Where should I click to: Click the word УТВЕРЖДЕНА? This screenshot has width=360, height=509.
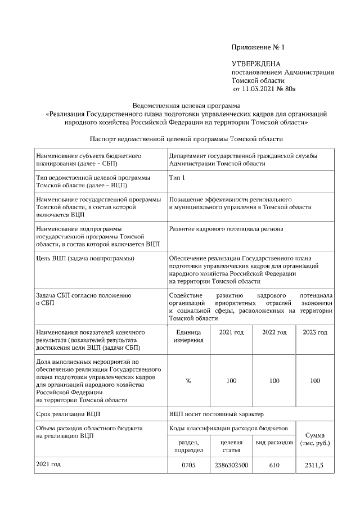tap(256, 64)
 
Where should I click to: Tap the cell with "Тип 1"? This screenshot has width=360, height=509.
tap(177, 178)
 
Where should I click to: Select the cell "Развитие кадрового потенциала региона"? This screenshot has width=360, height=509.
tap(226, 229)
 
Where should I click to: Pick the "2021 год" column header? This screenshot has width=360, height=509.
tap(231, 333)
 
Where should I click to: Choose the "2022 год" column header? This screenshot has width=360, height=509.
tap(274, 333)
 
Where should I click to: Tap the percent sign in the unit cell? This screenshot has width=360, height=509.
tap(188, 381)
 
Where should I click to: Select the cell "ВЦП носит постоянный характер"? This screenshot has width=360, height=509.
tap(216, 415)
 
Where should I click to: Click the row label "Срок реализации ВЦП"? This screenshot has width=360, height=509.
tap(68, 415)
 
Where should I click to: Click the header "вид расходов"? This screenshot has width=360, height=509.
tap(274, 443)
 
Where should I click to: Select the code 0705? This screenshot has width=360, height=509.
tap(188, 466)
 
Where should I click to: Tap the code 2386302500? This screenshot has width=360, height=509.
tap(231, 466)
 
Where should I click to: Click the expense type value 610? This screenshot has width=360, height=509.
tap(274, 466)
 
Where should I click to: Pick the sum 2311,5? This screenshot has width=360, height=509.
tap(314, 466)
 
